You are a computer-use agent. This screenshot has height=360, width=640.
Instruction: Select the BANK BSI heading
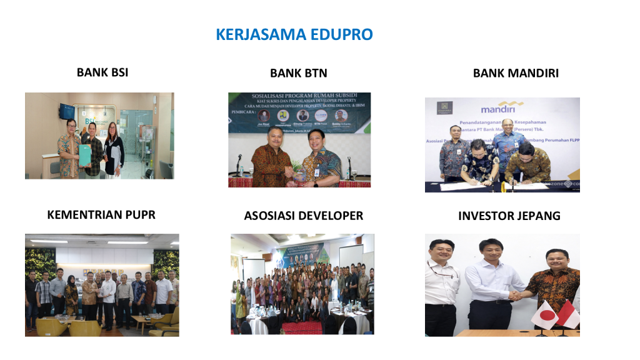(102, 72)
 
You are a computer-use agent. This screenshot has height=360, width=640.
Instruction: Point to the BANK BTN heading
(298, 73)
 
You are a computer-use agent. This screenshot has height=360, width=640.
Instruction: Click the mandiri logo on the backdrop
(497, 107)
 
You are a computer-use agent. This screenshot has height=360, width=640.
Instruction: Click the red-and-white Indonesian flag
(567, 314)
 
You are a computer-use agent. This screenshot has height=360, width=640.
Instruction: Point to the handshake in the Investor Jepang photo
(518, 294)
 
